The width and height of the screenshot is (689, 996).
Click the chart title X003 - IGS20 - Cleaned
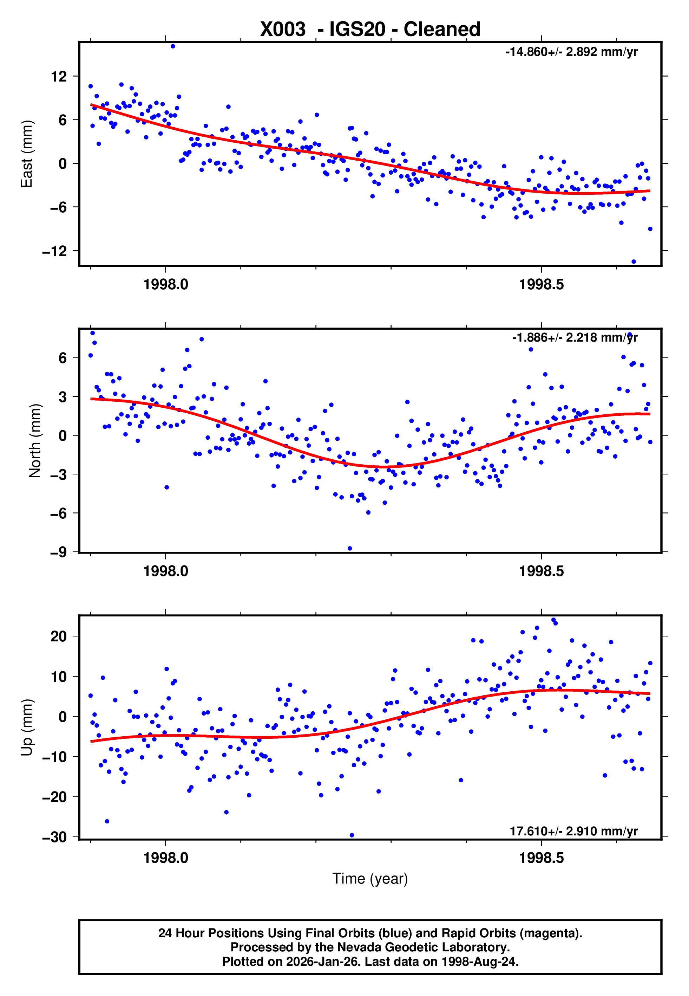tap(370, 30)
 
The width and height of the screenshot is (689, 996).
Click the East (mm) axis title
tap(27, 154)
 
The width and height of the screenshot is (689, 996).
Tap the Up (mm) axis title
tap(27, 727)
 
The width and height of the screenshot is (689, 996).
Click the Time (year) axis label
tap(370, 879)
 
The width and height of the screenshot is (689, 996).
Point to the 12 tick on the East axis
tap(59, 77)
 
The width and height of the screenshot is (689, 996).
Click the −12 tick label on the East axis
tap(55, 251)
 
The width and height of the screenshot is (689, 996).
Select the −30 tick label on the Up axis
tap(55, 837)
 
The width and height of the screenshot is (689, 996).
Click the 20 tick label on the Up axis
tap(59, 636)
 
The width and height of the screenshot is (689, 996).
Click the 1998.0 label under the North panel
tap(166, 571)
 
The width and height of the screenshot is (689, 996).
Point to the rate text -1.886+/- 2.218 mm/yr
tap(575, 337)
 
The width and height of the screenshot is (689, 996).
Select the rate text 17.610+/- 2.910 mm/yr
tap(573, 831)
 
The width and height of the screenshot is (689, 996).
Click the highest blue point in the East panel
tap(173, 46)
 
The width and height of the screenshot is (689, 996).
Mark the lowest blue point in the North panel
tap(350, 549)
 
